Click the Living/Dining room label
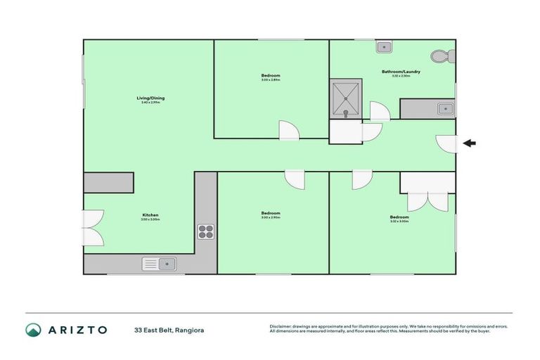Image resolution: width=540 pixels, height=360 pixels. [x=150, y=98]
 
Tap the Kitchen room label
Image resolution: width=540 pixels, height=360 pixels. [x=150, y=214]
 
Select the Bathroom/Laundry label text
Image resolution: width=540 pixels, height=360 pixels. [x=401, y=72]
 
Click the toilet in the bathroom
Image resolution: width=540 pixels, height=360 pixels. [x=440, y=56]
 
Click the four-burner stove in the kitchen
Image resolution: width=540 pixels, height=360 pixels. [x=205, y=231]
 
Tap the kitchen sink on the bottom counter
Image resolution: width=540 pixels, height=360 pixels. [x=160, y=264]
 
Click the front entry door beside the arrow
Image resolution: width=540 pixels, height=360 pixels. [x=446, y=143]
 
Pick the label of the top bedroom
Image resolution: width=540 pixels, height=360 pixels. [x=271, y=76]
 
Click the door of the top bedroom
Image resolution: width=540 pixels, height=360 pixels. [x=288, y=129]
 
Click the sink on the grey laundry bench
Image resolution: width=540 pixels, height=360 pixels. [x=444, y=109]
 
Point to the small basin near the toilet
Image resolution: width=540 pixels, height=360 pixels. [x=384, y=47]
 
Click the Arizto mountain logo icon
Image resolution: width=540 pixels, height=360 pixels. [x=33, y=329]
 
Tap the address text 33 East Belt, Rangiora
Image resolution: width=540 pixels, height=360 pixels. [x=169, y=330]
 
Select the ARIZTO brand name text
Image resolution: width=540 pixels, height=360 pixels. [x=77, y=330]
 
